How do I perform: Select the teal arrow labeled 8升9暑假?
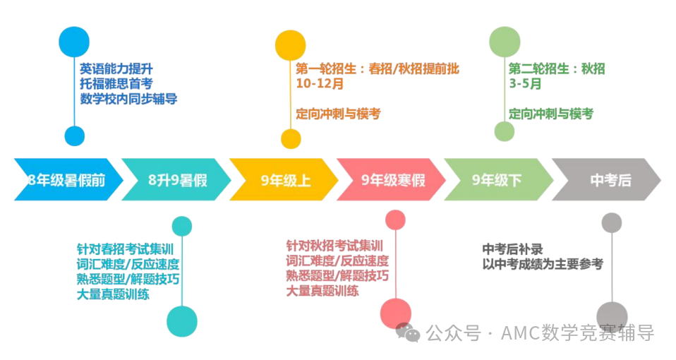click(176, 179)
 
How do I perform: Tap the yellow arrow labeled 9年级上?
click(284, 179)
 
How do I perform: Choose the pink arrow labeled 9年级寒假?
click(391, 179)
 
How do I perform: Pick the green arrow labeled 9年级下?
click(499, 179)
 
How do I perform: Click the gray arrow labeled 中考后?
click(606, 179)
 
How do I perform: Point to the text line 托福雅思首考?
click(116, 83)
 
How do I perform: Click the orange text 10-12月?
click(320, 83)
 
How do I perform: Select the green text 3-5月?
click(525, 83)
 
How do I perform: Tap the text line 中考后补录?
click(512, 249)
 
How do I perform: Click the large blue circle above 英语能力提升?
click(74, 42)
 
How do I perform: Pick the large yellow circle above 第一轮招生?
click(291, 45)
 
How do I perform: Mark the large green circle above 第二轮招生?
click(505, 42)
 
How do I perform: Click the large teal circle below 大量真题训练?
click(182, 322)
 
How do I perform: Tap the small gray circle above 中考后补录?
click(612, 223)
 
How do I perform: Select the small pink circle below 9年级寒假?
click(395, 220)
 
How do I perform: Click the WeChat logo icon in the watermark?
click(408, 332)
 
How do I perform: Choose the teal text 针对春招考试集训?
click(125, 249)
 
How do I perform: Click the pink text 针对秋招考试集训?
click(334, 246)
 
